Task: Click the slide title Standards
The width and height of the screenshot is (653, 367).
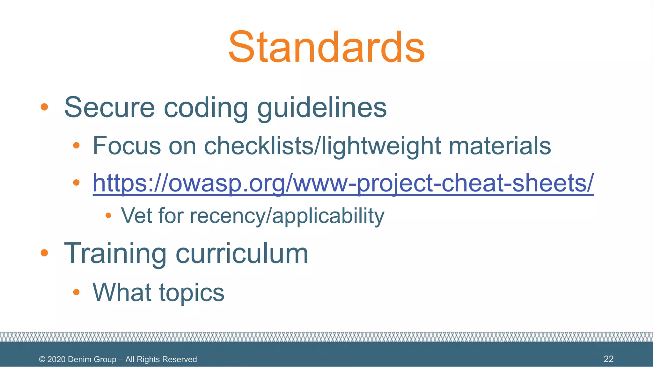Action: [x=326, y=47]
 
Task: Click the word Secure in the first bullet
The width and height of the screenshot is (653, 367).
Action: [x=109, y=107]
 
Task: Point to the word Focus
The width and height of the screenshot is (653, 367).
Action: [x=127, y=146]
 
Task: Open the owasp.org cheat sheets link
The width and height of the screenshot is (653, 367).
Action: [x=343, y=183]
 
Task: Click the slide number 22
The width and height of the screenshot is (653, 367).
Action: [x=608, y=359]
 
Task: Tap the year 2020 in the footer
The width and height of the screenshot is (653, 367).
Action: [x=56, y=359]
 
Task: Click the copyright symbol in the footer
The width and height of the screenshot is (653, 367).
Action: [x=42, y=359]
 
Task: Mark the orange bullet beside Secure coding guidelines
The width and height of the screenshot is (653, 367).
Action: [x=44, y=107]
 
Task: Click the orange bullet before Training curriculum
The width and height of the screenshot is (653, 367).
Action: [x=44, y=253]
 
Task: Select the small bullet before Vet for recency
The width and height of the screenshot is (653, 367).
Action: [x=108, y=216]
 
